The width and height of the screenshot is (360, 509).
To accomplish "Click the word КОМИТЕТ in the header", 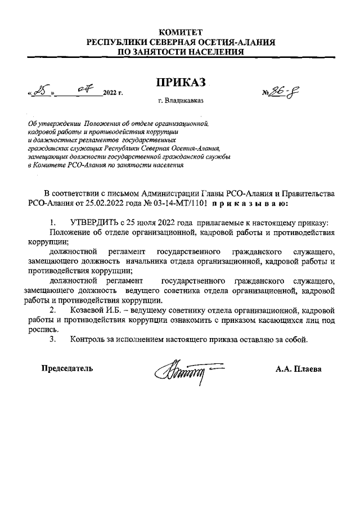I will click(x=180, y=32).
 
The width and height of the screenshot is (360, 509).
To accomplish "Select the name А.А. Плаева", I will click(x=298, y=369).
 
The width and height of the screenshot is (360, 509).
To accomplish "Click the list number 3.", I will click(x=53, y=339).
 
